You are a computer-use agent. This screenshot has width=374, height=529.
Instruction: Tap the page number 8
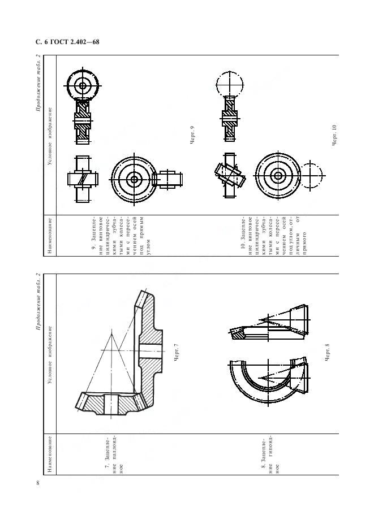pyautogui.click(x=38, y=483)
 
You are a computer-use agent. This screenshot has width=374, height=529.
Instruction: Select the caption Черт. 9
pyautogui.click(x=192, y=135)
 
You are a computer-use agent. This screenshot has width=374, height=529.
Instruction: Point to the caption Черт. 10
pyautogui.click(x=334, y=135)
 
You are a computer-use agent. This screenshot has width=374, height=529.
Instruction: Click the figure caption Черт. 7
pyautogui.click(x=176, y=353)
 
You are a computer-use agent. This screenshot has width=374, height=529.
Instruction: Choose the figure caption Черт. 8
pyautogui.click(x=326, y=353)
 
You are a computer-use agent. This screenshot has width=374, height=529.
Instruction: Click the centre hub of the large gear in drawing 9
pyautogui.click(x=134, y=179)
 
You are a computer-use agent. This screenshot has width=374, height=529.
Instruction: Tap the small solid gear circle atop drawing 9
pyautogui.click(x=83, y=85)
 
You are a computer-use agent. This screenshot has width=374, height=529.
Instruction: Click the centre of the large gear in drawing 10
pyautogui.click(x=278, y=175)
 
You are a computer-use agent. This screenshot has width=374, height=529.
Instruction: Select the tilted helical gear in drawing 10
pyautogui.click(x=229, y=175)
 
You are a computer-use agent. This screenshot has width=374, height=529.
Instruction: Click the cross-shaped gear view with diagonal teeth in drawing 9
pyautogui.click(x=83, y=179)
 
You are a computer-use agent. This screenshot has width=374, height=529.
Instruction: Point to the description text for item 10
pyautogui.click(x=274, y=235)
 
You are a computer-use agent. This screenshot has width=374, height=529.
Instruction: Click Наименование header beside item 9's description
pyautogui.click(x=50, y=236)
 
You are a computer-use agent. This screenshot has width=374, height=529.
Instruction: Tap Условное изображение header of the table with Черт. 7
pyautogui.click(x=50, y=354)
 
